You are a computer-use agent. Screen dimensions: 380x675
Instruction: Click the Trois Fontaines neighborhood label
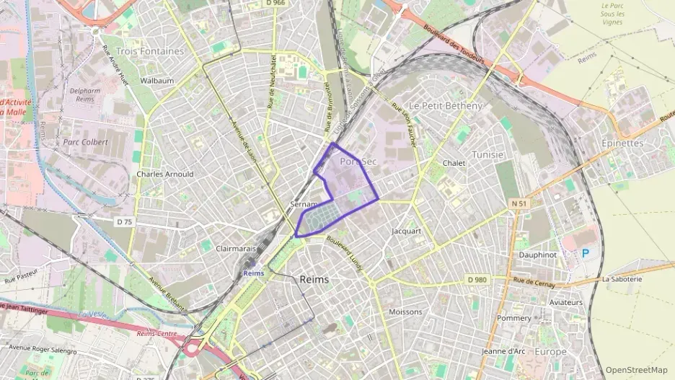pyautogui.click(x=150, y=51)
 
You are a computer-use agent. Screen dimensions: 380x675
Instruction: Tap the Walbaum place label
pyautogui.click(x=157, y=81)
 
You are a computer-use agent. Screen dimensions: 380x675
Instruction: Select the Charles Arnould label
pyautogui.click(x=165, y=174)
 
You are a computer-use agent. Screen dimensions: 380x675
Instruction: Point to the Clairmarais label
pyautogui.click(x=236, y=247)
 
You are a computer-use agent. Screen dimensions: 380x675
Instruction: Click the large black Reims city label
pyautogui.click(x=314, y=279)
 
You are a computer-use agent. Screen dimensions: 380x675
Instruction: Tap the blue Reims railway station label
pyautogui.click(x=253, y=273)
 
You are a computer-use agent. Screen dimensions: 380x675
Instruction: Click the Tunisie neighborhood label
pyautogui.click(x=487, y=154)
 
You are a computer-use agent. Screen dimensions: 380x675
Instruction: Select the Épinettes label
pyautogui.click(x=622, y=143)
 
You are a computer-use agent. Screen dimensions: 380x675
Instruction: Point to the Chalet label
pyautogui.click(x=454, y=163)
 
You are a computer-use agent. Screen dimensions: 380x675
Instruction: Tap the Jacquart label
pyautogui.click(x=405, y=231)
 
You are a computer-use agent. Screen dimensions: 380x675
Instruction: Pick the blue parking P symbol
pyautogui.click(x=586, y=254)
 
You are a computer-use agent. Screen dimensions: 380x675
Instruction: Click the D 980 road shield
pyautogui.click(x=477, y=279)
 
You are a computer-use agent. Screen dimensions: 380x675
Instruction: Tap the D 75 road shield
pyautogui.click(x=125, y=222)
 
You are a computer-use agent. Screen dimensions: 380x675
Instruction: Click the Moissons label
pyautogui.click(x=405, y=311)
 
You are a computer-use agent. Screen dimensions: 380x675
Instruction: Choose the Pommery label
pyautogui.click(x=513, y=318)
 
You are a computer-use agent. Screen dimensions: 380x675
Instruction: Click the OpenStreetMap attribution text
pyautogui.click(x=637, y=370)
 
